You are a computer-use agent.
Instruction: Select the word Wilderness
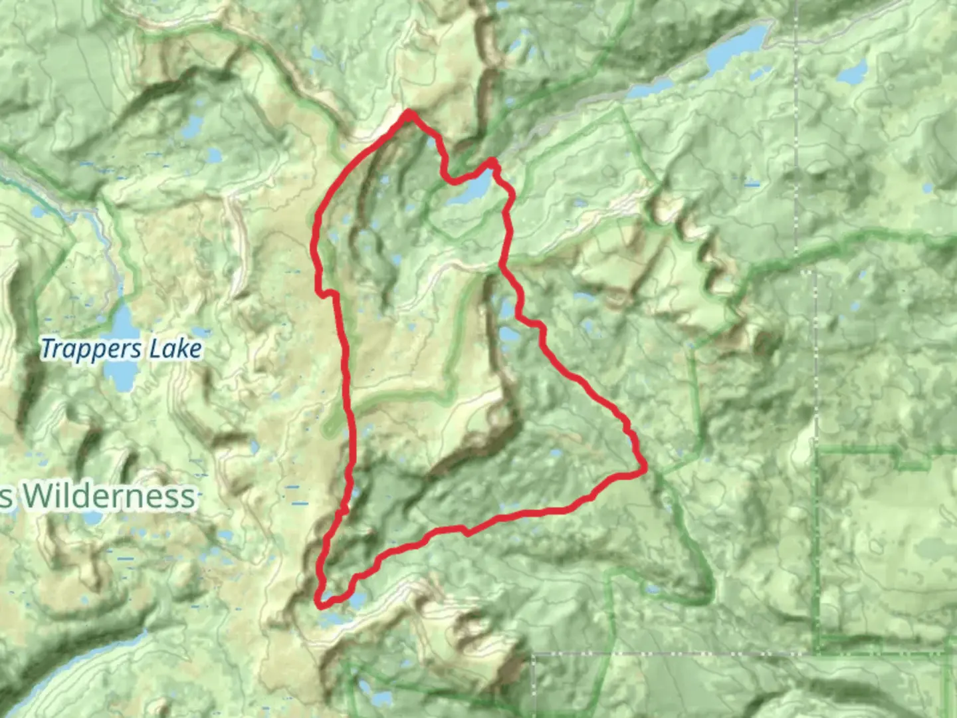point(110,497)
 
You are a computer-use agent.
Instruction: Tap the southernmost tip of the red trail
point(320,605)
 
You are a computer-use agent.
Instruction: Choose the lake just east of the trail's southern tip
point(356,600)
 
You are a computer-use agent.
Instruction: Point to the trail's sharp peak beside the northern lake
point(492,161)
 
